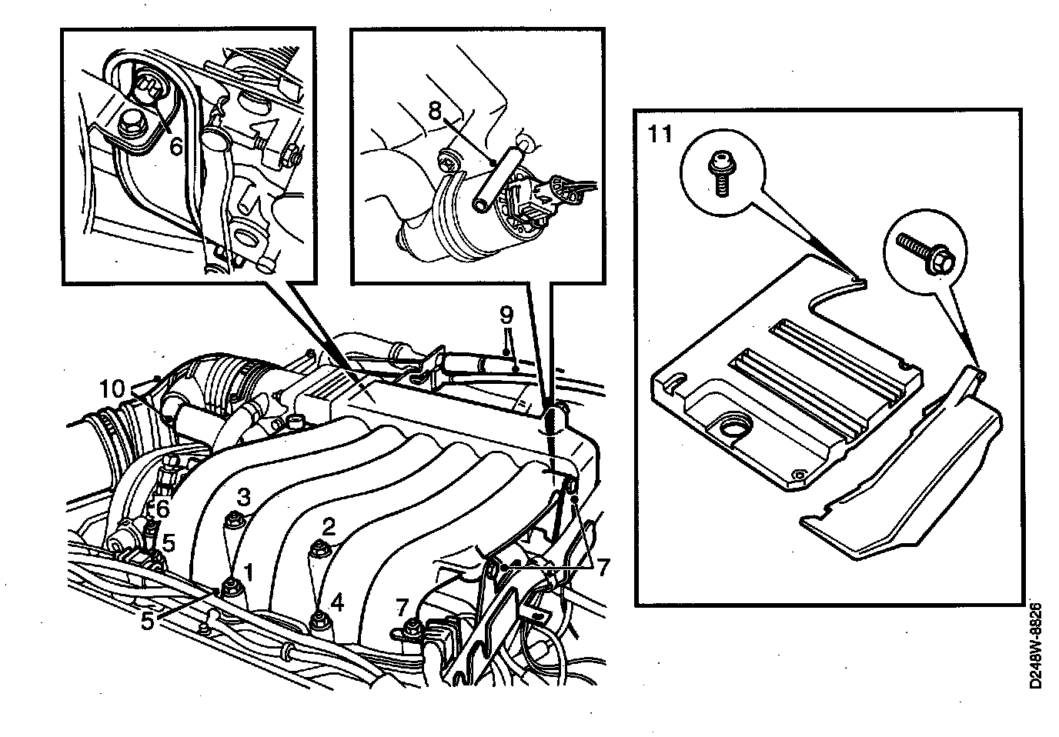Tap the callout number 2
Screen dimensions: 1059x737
coord(329,527)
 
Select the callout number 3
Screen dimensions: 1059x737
coord(242,498)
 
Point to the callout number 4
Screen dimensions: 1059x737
coord(336,602)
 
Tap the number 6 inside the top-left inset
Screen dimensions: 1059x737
coord(175,146)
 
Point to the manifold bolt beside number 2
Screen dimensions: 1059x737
coord(316,549)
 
